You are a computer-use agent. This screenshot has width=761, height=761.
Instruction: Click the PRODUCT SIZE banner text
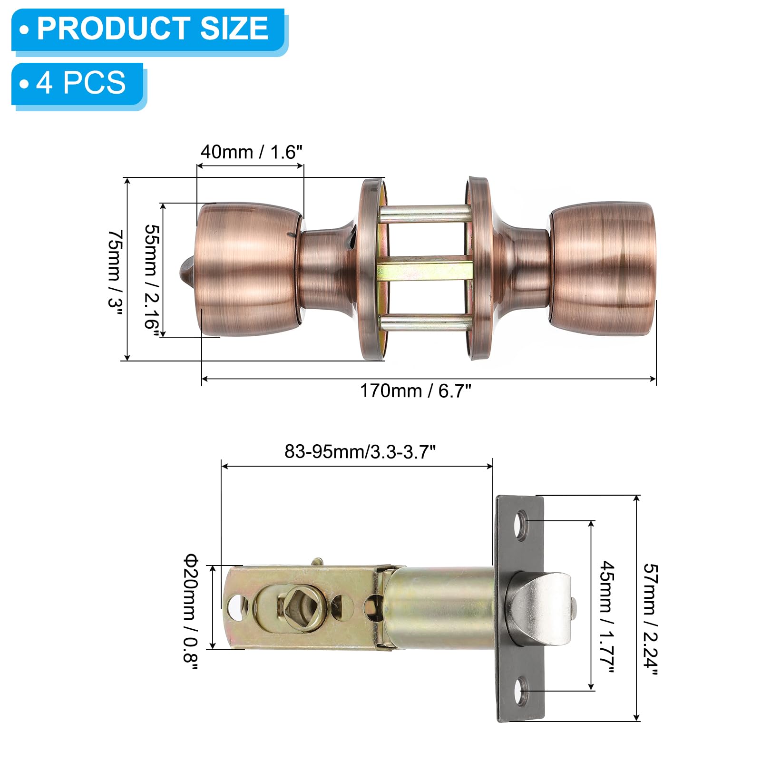click(x=153, y=28)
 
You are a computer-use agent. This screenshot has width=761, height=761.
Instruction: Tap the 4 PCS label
click(x=81, y=83)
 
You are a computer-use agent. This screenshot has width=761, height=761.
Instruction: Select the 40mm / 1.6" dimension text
click(x=251, y=152)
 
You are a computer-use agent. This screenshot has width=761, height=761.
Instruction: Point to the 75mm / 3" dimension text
click(x=116, y=269)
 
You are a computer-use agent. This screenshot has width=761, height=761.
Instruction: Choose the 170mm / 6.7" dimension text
click(x=415, y=391)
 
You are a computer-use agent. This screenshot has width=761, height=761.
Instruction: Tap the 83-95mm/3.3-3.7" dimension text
click(x=360, y=452)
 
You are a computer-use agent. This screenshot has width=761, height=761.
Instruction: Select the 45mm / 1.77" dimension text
click(x=607, y=616)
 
